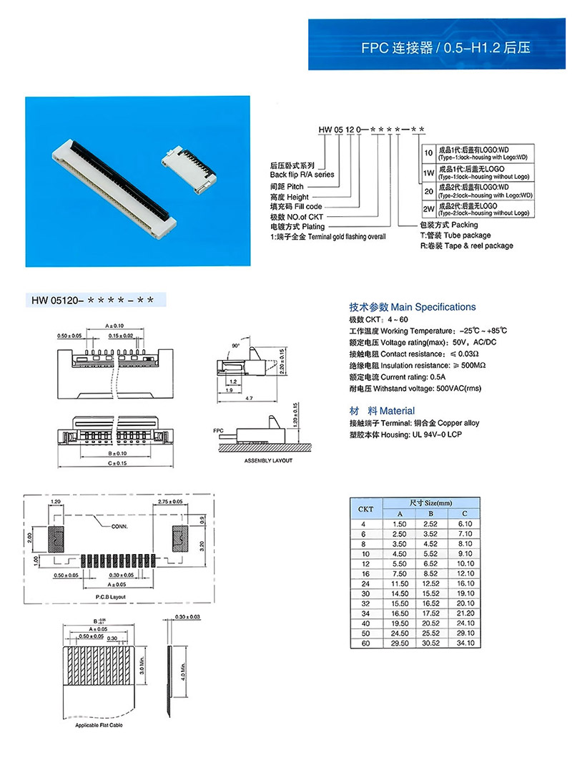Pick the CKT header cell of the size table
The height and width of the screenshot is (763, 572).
pyautogui.click(x=365, y=510)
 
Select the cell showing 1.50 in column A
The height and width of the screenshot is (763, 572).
pyautogui.click(x=400, y=525)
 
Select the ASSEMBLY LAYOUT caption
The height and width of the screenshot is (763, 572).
pyautogui.click(x=268, y=460)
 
